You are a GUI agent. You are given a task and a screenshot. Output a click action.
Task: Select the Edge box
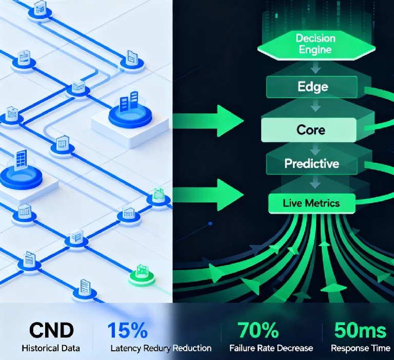(311, 87)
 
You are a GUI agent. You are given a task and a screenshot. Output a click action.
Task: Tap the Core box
(310, 129)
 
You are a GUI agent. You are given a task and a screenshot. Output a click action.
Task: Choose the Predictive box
(311, 164)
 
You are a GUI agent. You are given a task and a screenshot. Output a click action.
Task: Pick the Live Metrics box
(311, 203)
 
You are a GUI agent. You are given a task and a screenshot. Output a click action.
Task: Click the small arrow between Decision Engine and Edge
(314, 68)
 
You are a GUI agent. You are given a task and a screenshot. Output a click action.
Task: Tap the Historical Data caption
(51, 348)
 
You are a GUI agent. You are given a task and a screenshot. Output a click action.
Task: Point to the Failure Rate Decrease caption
(271, 348)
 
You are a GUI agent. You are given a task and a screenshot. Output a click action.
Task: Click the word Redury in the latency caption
(156, 348)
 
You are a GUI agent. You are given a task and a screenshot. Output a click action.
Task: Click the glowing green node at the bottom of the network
(140, 274)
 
